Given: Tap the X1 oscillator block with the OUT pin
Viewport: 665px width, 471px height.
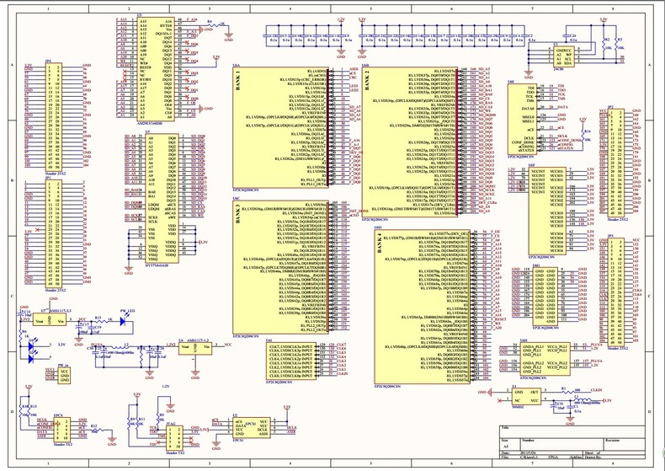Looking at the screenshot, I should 528,396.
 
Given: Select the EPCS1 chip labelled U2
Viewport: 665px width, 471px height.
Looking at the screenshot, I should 250,426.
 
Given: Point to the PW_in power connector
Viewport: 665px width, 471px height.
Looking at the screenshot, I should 63,374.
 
